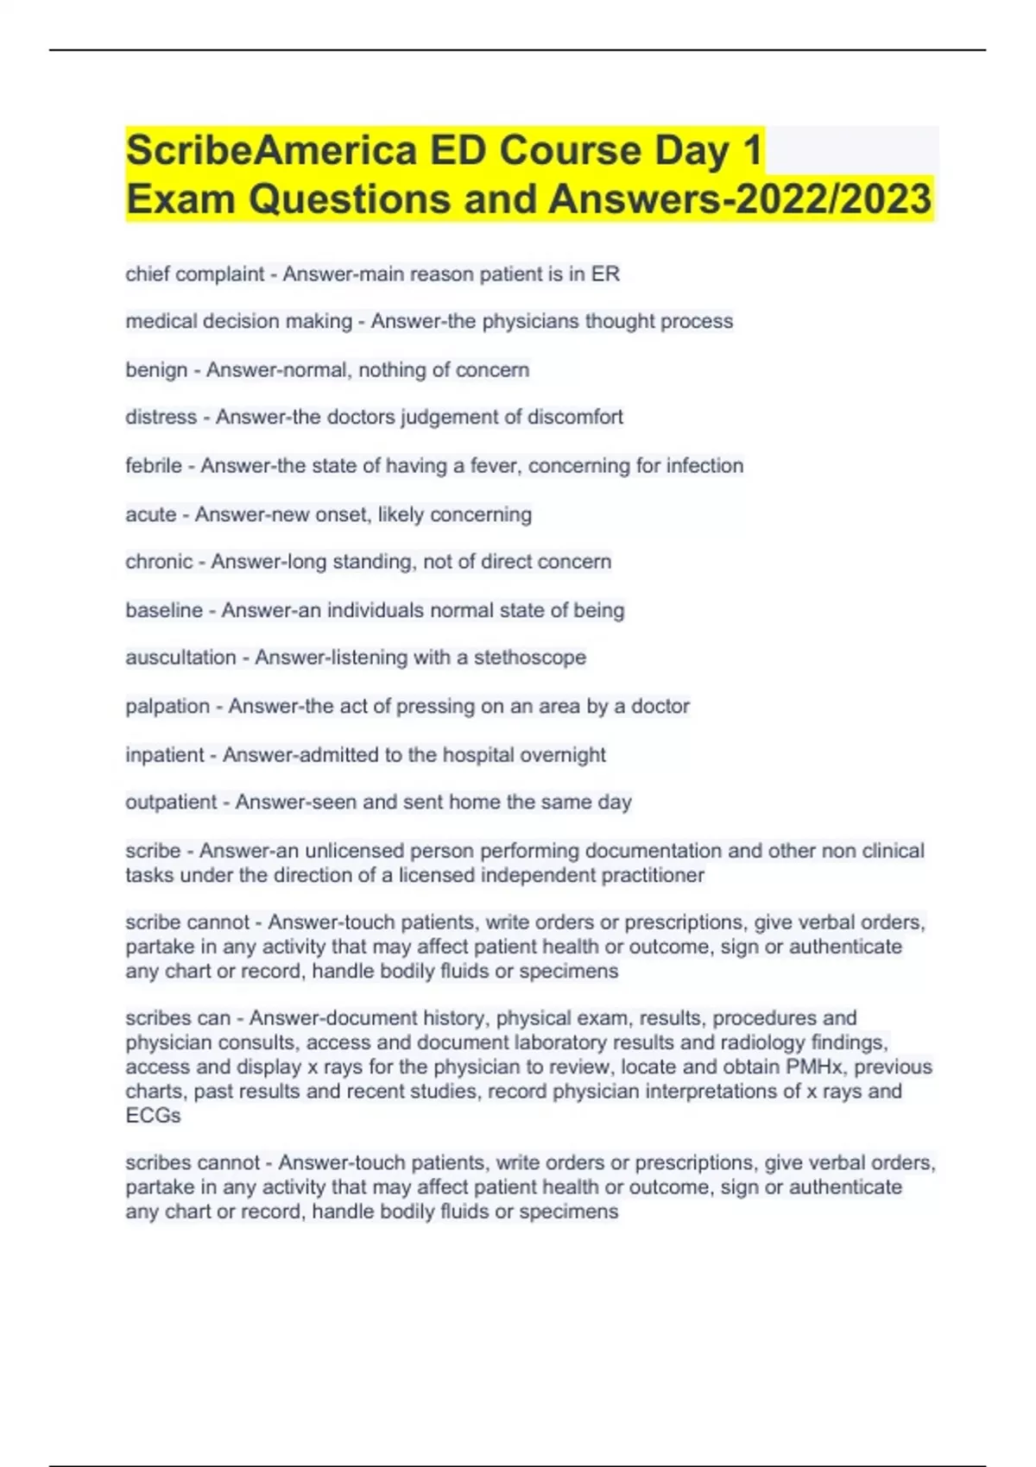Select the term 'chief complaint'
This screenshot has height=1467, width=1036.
coord(194,274)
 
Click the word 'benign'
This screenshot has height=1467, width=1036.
coord(156,370)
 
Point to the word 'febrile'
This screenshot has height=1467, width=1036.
coord(154,466)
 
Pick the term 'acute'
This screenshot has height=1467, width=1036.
coord(151,514)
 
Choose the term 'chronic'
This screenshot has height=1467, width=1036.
coord(159,562)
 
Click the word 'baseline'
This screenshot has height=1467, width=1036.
coord(164,610)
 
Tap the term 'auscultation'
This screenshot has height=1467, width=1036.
coord(180,658)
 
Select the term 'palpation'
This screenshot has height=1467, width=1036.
coord(167,706)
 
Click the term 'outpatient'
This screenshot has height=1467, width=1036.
coord(171,803)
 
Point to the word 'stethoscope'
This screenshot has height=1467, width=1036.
coord(529,658)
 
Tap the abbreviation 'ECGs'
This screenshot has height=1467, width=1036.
coord(153,1116)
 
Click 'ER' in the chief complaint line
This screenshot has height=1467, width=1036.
coord(605,274)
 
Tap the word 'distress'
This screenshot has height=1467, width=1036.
coord(161,418)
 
